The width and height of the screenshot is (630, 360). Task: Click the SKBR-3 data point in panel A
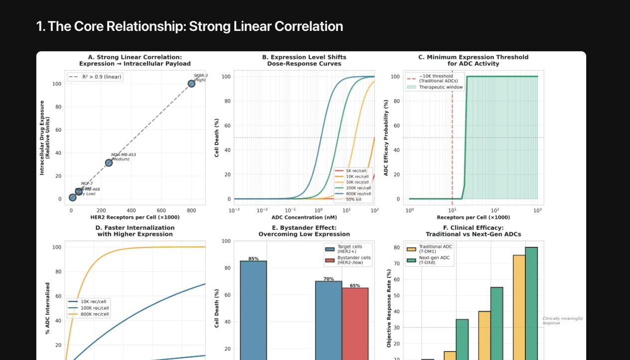191,83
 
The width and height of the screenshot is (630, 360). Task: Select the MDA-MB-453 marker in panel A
109,163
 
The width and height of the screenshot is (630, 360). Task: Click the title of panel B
304,60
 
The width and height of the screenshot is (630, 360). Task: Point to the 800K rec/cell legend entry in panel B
357,193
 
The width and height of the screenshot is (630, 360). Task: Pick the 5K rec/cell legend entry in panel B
357,171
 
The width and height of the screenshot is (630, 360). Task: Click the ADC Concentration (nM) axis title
304,217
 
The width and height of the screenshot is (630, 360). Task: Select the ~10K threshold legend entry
435,78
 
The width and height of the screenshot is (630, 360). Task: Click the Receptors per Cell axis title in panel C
473,217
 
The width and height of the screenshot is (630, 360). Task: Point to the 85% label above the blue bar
253,258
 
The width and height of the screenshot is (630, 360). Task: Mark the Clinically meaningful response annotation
562,321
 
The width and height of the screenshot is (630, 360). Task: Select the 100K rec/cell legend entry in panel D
95,308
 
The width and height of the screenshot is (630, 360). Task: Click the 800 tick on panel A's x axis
191,210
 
